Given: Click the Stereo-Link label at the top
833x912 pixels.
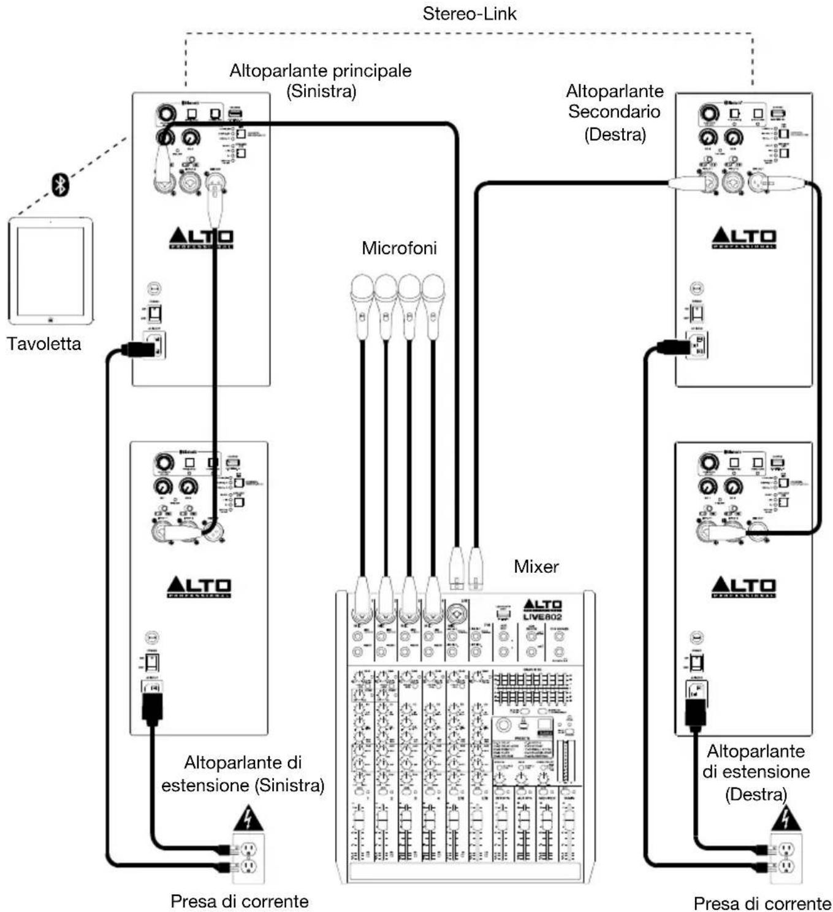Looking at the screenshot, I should (x=470, y=13).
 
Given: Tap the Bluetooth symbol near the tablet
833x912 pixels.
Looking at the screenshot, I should (x=59, y=185).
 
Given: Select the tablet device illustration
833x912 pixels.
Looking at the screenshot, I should (x=51, y=270).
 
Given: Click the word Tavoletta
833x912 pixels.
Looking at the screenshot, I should (x=44, y=343).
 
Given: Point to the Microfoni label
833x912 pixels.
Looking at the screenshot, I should (x=399, y=248).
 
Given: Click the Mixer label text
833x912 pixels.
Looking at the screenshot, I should (x=536, y=566).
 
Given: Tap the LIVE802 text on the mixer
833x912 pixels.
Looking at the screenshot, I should (x=542, y=616).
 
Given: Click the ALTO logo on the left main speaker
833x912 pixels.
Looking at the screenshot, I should (x=201, y=238).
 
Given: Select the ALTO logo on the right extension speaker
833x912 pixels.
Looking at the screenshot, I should (x=744, y=587).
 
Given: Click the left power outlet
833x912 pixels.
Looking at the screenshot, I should (x=248, y=857).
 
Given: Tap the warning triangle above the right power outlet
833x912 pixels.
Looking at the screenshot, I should (x=786, y=819).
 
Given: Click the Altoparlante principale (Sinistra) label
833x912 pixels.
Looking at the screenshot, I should (x=321, y=80).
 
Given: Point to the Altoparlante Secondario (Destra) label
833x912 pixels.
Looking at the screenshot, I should (x=615, y=112).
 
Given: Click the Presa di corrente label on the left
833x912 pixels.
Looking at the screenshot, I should (x=239, y=901).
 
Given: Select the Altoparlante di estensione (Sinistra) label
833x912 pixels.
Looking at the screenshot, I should (x=243, y=773).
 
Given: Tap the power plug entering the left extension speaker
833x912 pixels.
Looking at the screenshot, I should (x=151, y=705).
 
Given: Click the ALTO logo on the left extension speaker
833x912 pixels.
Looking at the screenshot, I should (x=199, y=587).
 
